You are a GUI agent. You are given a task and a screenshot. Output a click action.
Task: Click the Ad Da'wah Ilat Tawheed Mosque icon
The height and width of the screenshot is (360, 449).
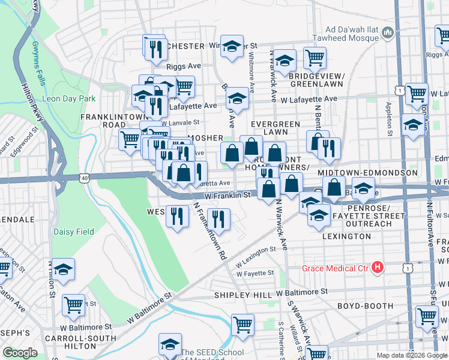pos(387,31)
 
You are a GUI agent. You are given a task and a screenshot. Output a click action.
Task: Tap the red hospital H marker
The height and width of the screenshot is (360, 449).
pos(378,268)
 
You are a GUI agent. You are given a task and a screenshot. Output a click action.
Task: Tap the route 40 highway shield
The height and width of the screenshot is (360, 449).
pos(84,178)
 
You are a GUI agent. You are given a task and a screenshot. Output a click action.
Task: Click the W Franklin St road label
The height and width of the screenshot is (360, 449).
pos(227,195)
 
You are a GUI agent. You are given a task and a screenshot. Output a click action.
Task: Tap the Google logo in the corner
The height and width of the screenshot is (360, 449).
pos(20,353)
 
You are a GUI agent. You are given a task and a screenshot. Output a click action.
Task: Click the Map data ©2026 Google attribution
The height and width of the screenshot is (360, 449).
pos(411,355)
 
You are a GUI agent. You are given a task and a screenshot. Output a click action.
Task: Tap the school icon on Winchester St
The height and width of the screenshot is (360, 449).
pos(231,46)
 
